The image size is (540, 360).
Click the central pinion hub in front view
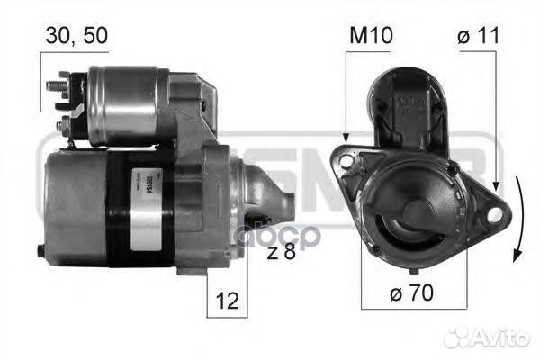416,216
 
